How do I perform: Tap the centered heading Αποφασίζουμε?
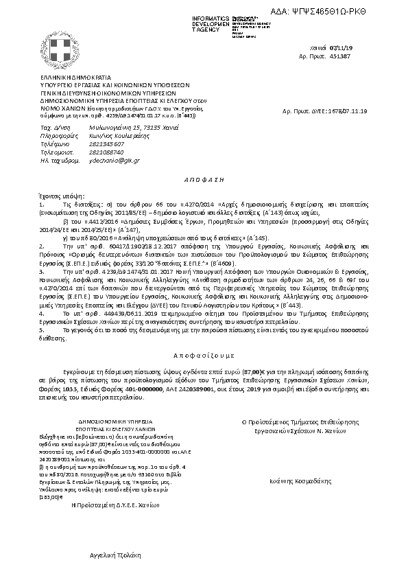[x=204, y=358]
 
